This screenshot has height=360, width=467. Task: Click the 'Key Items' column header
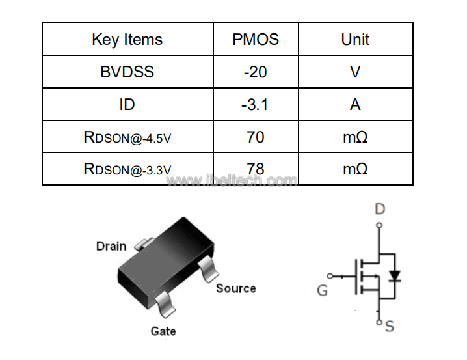tap(127, 40)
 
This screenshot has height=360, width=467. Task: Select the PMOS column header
tap(256, 39)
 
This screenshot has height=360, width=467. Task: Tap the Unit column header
tap(355, 39)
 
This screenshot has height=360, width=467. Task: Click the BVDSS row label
tap(127, 72)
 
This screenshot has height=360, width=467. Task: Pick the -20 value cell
tap(255, 72)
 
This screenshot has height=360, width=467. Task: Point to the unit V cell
tap(355, 72)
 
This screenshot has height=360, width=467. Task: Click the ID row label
tap(127, 105)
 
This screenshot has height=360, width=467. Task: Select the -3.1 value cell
tap(255, 105)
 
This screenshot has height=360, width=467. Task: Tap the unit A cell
tap(355, 105)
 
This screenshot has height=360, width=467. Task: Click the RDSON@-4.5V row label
tap(127, 137)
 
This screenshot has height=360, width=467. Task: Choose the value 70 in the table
tap(255, 137)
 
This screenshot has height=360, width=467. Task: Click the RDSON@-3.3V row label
tap(127, 169)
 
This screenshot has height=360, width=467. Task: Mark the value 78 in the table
tap(255, 169)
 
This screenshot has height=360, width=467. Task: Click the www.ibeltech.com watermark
tap(232, 180)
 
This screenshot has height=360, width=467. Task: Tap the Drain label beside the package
tap(111, 247)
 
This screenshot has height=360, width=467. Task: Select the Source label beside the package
tap(236, 288)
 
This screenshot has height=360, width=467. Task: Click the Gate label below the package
tap(163, 331)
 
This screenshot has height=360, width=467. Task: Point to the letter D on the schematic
tap(380, 209)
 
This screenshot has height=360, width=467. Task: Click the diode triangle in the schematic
tap(395, 275)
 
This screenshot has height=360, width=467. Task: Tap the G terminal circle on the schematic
tap(330, 276)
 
